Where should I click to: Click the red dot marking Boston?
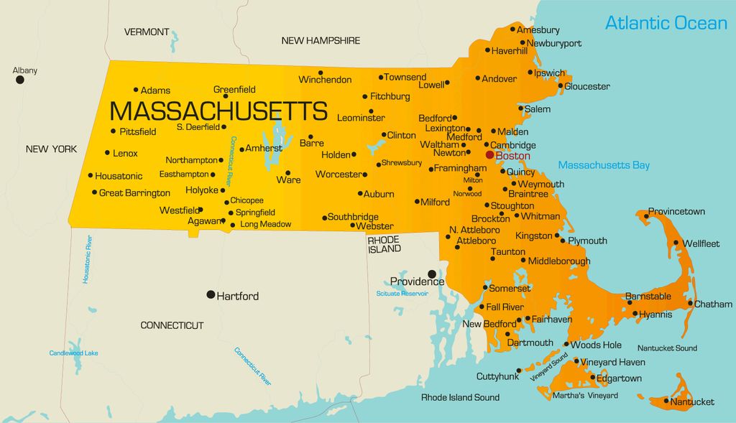point(489,154)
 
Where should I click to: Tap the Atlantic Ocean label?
point(666,23)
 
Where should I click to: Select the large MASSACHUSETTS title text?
point(218,111)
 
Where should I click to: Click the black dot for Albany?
point(20,80)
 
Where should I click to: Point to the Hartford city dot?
point(211,294)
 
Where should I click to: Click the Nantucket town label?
point(692,401)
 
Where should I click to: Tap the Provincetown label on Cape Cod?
point(676,212)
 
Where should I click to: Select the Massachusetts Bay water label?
point(604,165)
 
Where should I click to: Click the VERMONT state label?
point(147,32)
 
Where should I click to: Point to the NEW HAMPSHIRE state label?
point(321,41)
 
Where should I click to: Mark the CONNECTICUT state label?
point(172,325)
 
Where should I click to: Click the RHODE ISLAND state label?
point(385,244)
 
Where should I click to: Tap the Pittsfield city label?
point(138,131)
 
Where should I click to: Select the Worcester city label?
point(338,175)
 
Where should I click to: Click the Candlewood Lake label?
point(73,353)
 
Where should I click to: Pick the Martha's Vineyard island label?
point(585,396)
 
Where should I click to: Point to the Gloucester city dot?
point(561,86)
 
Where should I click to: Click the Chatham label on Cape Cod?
point(713,304)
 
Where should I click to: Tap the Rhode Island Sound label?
point(460,397)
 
